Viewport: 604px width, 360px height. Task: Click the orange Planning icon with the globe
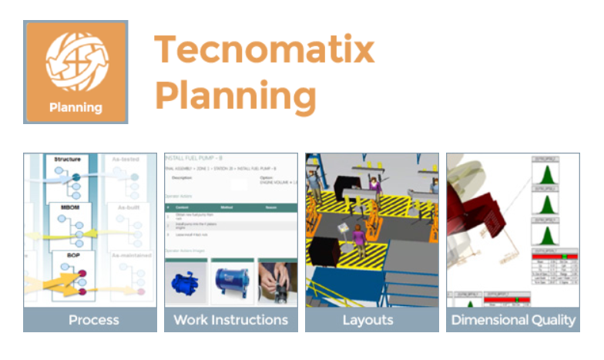point(75,72)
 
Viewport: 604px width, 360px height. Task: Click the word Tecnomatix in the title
point(264,50)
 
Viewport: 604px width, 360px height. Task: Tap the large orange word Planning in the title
point(236,96)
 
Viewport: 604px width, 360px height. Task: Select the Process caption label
point(93,320)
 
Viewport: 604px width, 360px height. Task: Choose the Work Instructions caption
point(231,320)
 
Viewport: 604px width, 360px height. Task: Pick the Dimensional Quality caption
point(512,320)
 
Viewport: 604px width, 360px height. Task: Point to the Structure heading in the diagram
point(67,160)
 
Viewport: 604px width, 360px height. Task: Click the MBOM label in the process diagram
point(68,208)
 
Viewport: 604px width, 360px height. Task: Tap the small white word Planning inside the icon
point(75,107)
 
